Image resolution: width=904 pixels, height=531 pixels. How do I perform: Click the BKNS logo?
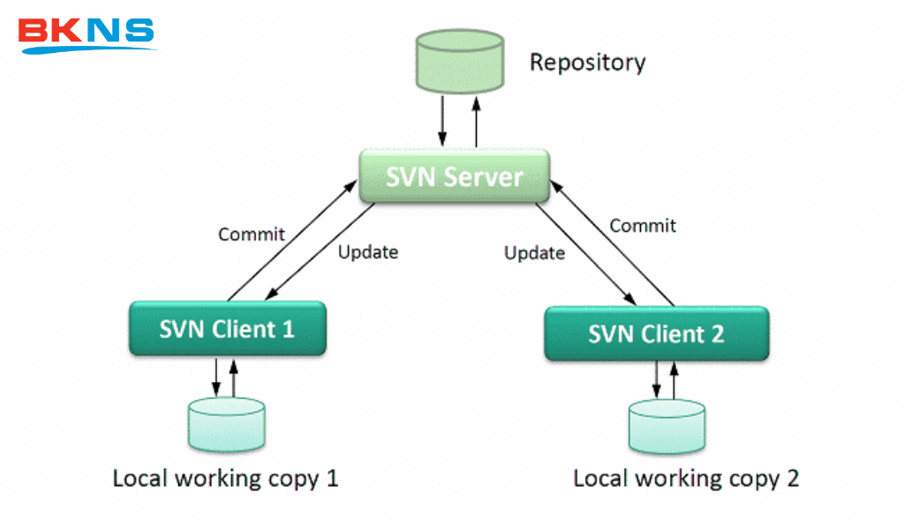[x=87, y=34]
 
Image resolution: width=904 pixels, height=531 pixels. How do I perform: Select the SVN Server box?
[x=455, y=176]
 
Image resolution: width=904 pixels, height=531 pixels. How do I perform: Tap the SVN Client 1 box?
[x=227, y=329]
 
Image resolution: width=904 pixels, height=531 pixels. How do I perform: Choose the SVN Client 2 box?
[x=657, y=334]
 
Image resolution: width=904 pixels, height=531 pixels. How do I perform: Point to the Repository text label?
[x=587, y=63]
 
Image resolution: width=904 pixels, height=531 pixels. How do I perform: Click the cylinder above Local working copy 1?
[x=226, y=424]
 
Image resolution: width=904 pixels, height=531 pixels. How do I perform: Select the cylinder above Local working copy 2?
[x=667, y=427]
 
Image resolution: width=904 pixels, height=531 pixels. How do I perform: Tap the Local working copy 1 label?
[x=225, y=479]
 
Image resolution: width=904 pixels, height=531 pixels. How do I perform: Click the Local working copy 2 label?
[x=686, y=479]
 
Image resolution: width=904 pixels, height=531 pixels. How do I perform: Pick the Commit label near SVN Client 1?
[x=252, y=234]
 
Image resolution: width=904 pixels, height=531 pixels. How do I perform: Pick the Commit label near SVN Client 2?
[x=643, y=226]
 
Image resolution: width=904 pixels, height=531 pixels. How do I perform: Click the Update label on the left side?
[x=368, y=252]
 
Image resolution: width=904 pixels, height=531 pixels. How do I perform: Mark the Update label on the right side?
[x=534, y=253]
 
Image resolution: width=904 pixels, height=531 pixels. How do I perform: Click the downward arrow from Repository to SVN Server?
[x=441, y=124]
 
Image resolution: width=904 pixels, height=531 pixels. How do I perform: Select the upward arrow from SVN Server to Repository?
[x=477, y=124]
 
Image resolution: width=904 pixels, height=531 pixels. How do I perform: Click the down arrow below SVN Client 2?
[x=656, y=380]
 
